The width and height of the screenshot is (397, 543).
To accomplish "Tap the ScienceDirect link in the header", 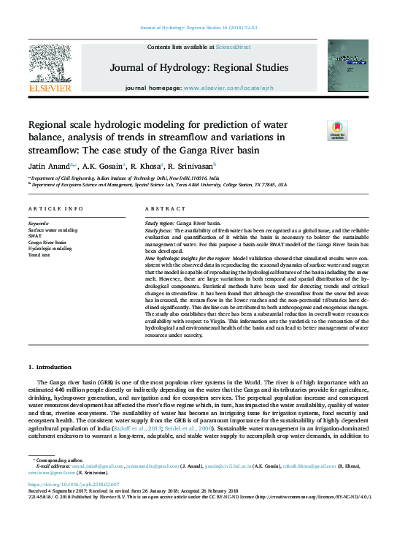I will pyautogui.click(x=233, y=47).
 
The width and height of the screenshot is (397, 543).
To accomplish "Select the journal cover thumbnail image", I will pyautogui.click(x=347, y=67).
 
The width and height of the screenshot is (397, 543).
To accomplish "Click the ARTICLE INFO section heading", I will pyautogui.click(x=55, y=209).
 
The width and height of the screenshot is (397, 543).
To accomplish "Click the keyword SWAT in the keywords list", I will pyautogui.click(x=36, y=235).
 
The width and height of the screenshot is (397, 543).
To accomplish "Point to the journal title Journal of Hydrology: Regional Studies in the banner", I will pyautogui.click(x=198, y=68).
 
